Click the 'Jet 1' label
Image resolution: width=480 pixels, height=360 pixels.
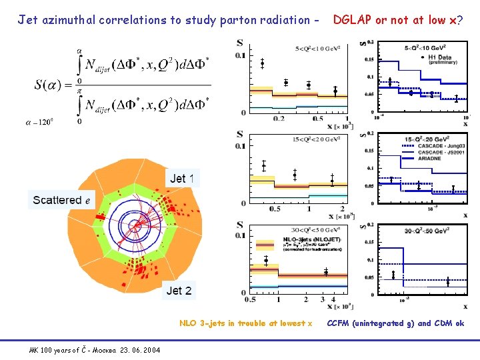pos(182,178)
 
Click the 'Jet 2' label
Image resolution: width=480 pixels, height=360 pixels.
pos(179,290)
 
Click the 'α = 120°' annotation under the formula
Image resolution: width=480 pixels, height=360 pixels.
pos(39,122)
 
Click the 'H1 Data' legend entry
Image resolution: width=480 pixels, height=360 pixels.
pos(436,58)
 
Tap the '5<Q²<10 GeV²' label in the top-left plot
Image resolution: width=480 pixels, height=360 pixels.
pos(318,49)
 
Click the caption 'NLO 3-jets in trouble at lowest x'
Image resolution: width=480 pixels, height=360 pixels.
pos(245,323)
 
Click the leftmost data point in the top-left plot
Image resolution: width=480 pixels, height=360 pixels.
pos(262,64)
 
